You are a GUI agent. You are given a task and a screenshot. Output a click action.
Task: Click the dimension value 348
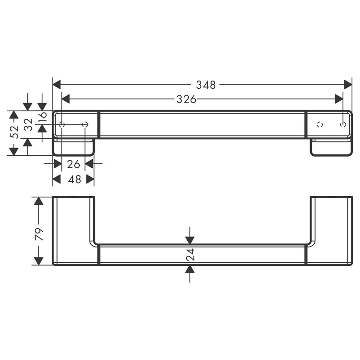click(205, 85)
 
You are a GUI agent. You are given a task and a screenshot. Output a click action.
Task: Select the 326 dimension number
click(186, 99)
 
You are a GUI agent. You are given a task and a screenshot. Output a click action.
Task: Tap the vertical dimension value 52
click(14, 132)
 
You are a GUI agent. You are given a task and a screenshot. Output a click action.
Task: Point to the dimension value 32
click(28, 124)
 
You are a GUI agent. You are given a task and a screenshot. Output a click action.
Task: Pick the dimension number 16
click(42, 117)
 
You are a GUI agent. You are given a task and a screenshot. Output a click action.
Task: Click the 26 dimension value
click(73, 164)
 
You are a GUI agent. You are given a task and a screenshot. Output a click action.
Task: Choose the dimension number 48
click(74, 180)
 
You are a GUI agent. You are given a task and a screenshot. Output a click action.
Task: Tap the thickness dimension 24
click(190, 255)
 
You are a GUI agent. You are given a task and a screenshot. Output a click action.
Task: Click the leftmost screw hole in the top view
click(62, 124)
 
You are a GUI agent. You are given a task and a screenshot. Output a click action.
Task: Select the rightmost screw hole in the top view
click(343, 124)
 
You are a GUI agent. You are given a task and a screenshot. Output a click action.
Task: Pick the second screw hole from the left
click(85, 124)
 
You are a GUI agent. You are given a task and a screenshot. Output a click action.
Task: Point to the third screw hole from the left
click(320, 124)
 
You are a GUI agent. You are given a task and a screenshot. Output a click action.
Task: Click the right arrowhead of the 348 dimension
click(348, 85)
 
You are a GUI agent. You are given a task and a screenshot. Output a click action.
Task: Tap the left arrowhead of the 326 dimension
click(66, 99)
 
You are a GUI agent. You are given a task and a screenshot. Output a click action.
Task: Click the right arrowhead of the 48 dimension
click(90, 180)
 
